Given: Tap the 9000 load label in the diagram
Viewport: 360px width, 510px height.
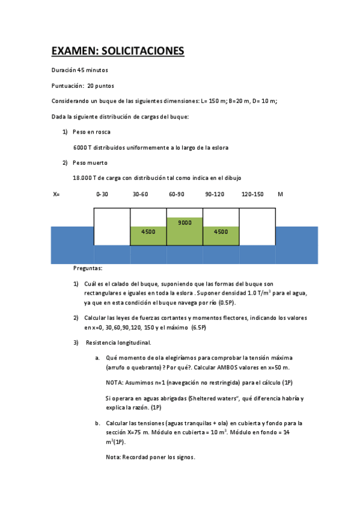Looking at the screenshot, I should (x=185, y=223).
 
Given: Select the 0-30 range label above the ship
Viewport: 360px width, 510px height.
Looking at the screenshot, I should (x=102, y=194).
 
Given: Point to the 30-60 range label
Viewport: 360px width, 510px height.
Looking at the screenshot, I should (x=139, y=194).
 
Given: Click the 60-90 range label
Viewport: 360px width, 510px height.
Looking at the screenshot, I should (x=177, y=194).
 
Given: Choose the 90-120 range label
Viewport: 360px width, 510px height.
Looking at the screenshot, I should (x=214, y=194).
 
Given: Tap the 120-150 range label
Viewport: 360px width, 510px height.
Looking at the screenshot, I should (x=252, y=194).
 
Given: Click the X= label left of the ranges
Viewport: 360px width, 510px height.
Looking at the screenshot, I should (x=57, y=194).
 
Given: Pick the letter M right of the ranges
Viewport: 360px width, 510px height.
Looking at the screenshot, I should (x=280, y=194).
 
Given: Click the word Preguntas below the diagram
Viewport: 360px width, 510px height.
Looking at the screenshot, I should (x=88, y=268).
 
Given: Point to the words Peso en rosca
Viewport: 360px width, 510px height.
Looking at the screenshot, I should (x=91, y=132).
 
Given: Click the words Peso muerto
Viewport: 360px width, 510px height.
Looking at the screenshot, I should (x=90, y=162).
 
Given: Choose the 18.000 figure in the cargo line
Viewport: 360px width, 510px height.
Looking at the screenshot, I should (x=82, y=177).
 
